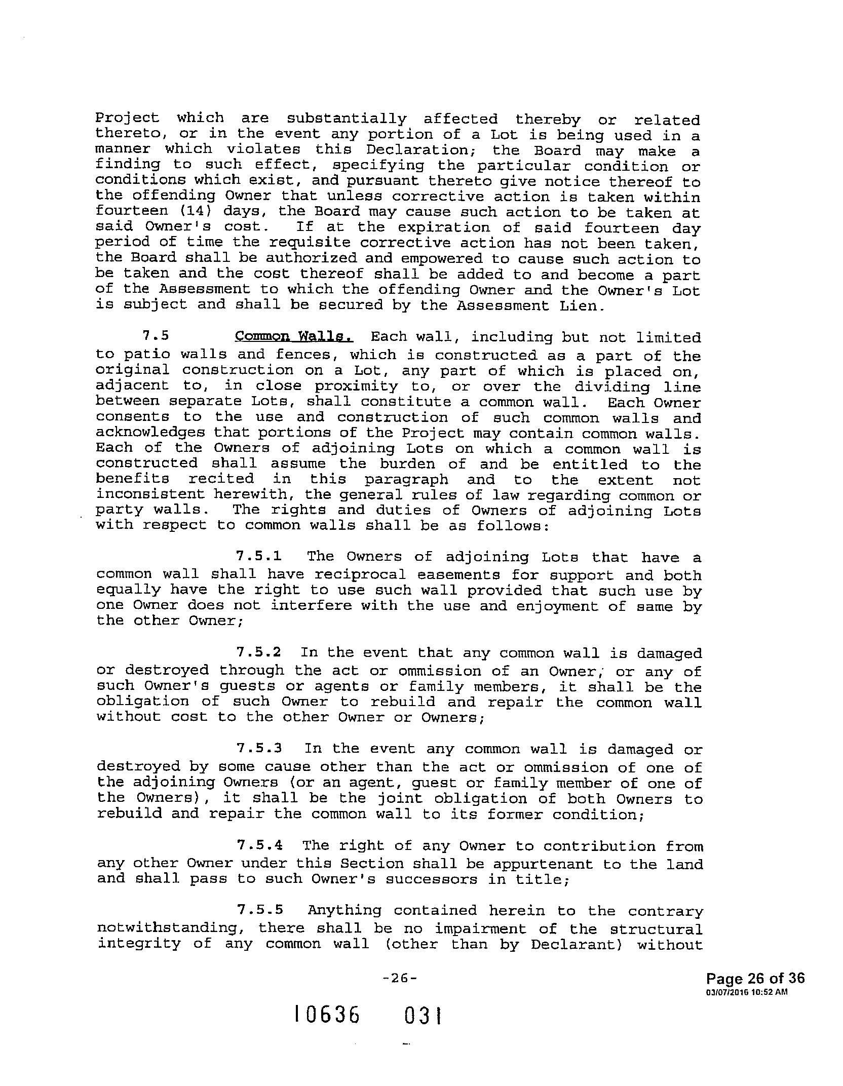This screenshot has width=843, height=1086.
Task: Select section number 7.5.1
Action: click(259, 556)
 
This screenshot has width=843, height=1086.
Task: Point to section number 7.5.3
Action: click(259, 748)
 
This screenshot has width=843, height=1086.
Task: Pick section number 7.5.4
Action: click(259, 845)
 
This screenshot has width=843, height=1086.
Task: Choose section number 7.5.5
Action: click(259, 910)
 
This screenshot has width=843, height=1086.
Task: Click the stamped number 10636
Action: click(327, 1015)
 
